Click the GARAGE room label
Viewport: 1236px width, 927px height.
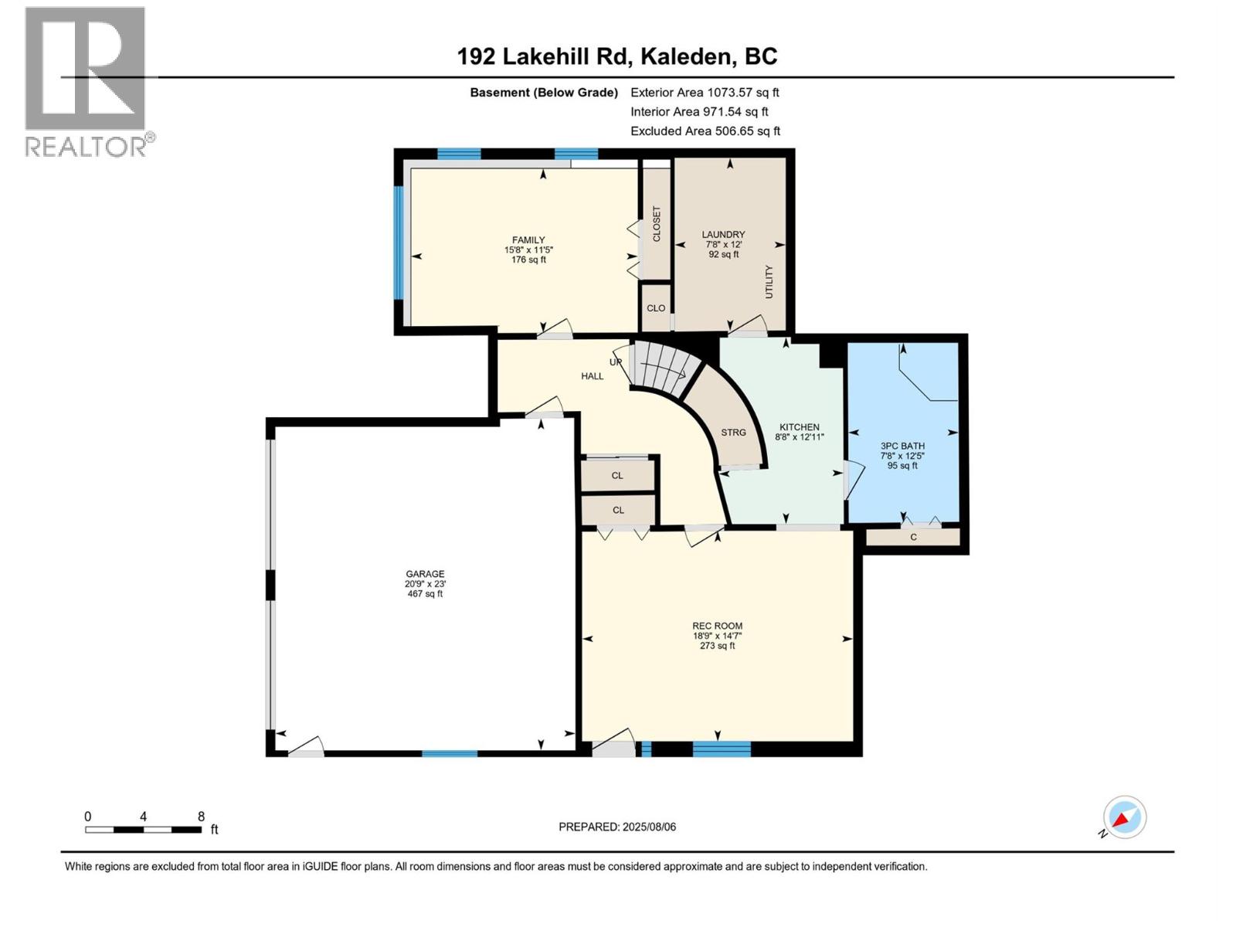(425, 574)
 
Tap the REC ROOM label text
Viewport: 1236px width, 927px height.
(717, 626)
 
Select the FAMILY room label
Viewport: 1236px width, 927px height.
(528, 240)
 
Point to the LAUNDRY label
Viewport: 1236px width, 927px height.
(723, 235)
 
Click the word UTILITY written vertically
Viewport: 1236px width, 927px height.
(769, 282)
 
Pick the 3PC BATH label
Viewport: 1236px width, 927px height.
(902, 446)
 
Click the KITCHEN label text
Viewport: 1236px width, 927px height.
(799, 427)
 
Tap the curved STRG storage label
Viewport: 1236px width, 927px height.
(733, 433)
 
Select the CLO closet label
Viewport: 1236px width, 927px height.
(656, 308)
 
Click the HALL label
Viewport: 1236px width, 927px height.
(592, 376)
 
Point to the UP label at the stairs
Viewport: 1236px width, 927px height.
(616, 362)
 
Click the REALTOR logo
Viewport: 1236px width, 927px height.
(86, 81)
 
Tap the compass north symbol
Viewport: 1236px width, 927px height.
(1124, 817)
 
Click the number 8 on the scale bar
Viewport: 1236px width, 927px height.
(201, 817)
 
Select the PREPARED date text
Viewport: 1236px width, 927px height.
(617, 827)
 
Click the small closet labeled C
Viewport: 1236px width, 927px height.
(913, 537)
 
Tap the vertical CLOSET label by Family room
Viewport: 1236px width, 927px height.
(657, 224)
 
